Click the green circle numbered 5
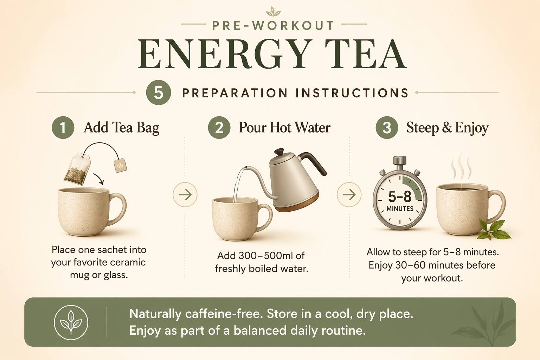(x=159, y=92)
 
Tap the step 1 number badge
(x=63, y=128)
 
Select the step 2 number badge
(x=219, y=128)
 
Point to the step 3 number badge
(x=387, y=128)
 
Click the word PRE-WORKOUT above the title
(x=273, y=26)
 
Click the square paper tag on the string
(x=120, y=165)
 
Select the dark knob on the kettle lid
(x=279, y=152)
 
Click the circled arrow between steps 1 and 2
(x=185, y=194)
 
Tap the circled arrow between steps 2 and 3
(x=349, y=194)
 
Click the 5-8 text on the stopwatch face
(x=400, y=197)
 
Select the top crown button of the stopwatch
(x=400, y=161)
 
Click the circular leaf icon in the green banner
(x=71, y=323)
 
